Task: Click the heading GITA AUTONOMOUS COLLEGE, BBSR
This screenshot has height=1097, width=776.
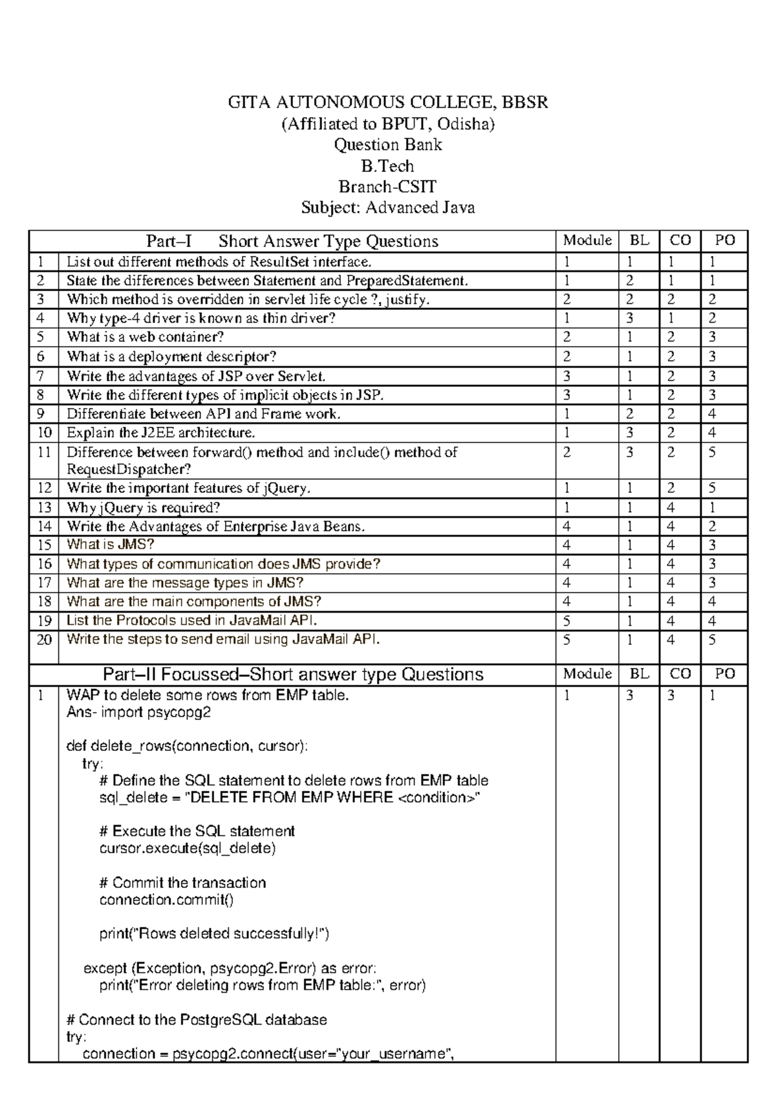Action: (x=387, y=102)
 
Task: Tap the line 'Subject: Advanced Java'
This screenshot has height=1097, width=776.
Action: (x=387, y=208)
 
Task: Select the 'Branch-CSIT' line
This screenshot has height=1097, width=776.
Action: (x=387, y=187)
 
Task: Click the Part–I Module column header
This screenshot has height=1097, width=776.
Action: (x=587, y=241)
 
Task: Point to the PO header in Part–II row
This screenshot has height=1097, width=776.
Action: (x=725, y=673)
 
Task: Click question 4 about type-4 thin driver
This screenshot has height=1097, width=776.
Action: (x=201, y=318)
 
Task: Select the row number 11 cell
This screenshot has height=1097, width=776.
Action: (x=44, y=452)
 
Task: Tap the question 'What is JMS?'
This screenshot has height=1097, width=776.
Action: (x=111, y=545)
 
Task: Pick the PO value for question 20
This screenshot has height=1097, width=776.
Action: (x=712, y=640)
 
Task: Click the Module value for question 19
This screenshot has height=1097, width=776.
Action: (x=567, y=621)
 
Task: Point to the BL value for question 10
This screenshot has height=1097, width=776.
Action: (x=630, y=433)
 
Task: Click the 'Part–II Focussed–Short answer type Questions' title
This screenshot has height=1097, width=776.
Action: (x=293, y=675)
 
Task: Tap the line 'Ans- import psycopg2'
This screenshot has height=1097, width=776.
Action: (x=138, y=713)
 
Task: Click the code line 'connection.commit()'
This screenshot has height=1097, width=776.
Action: (x=166, y=900)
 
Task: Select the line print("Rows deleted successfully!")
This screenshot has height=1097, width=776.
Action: (x=214, y=934)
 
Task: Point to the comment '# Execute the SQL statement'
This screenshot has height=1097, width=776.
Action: (x=197, y=831)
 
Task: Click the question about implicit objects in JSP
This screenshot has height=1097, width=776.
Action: (x=225, y=395)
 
